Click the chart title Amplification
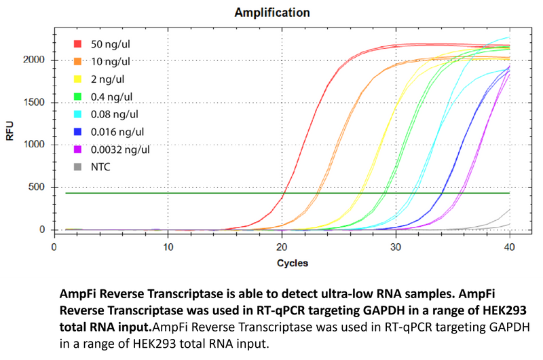[x=272, y=13]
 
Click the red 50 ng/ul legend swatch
[x=77, y=44]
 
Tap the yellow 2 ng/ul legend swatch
[x=77, y=79]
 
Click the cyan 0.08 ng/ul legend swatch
[x=77, y=114]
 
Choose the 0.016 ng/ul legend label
[x=117, y=131]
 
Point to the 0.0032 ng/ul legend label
[x=119, y=149]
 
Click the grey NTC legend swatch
[x=77, y=166]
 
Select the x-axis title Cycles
[x=292, y=263]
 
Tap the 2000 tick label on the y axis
[x=35, y=60]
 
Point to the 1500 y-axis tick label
[x=35, y=103]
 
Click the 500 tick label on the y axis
[x=37, y=187]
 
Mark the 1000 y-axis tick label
[x=35, y=145]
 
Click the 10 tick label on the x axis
[x=168, y=247]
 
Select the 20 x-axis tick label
[x=282, y=247]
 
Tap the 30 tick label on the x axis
[x=396, y=247]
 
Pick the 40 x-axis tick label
[x=509, y=247]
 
